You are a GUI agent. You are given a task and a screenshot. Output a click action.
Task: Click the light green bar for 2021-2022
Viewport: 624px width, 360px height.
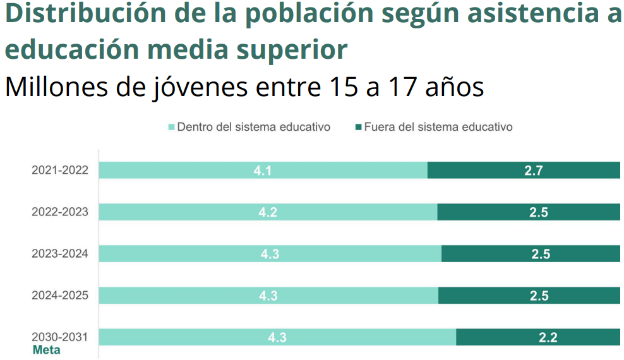point(189,170)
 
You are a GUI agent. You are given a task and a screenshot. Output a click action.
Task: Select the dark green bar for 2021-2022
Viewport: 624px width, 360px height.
point(480,170)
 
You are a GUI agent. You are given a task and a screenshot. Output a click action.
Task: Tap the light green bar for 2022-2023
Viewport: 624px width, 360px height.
point(189,212)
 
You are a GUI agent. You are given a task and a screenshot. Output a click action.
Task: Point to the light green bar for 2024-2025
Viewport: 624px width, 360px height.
point(189,296)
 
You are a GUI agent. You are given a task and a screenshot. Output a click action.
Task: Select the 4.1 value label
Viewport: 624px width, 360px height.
point(263,170)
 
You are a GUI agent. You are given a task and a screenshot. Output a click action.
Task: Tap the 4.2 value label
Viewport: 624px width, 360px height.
point(268,212)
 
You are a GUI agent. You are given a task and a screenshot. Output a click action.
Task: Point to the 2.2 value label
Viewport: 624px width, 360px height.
point(548,337)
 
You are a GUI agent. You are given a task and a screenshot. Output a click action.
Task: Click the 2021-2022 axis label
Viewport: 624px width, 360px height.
point(60,170)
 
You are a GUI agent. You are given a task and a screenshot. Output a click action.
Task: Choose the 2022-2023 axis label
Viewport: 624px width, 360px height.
point(60,212)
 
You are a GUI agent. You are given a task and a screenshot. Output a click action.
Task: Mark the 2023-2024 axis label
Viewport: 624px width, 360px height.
point(60,254)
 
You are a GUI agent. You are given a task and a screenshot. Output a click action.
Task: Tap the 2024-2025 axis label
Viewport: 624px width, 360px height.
point(60,296)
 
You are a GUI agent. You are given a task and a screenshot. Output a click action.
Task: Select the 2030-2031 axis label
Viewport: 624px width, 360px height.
point(60,337)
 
